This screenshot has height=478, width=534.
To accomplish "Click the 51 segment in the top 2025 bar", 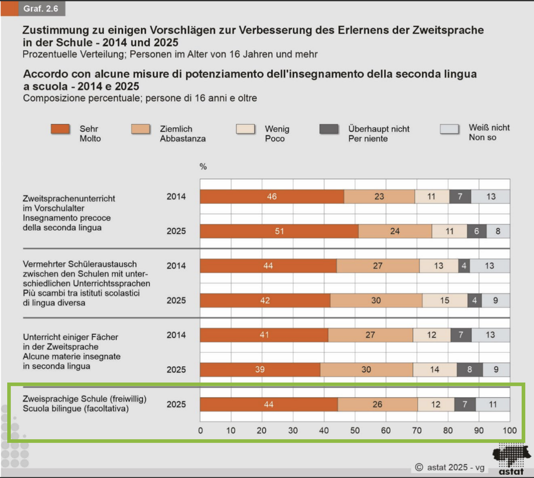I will click(x=279, y=231).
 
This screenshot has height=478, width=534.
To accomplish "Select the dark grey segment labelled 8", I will click(x=470, y=370).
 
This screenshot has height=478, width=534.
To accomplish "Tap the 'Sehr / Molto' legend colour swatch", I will click(x=60, y=129).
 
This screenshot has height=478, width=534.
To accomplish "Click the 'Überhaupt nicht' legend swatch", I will click(x=329, y=129).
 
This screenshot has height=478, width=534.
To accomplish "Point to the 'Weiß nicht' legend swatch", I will click(x=449, y=129).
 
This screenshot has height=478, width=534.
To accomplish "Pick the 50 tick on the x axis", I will click(x=355, y=431).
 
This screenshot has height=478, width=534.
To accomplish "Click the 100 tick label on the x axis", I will click(x=510, y=431).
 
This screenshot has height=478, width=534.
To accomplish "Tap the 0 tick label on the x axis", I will click(x=201, y=431).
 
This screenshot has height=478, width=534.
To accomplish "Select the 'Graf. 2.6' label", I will click(x=41, y=8).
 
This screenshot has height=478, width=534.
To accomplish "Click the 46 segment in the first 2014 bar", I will click(x=272, y=197).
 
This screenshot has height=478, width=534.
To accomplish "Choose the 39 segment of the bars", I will click(x=260, y=370).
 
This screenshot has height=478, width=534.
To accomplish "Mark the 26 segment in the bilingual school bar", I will click(x=377, y=404).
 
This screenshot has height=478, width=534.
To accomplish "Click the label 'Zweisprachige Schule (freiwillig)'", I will click(x=84, y=399).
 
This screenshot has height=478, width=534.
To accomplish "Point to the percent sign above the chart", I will click(x=203, y=167).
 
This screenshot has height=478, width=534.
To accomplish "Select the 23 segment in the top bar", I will click(x=379, y=197).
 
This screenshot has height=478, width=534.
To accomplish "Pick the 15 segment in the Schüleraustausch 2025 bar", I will click(x=444, y=301).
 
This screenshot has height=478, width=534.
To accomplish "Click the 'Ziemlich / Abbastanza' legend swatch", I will click(x=140, y=129).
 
